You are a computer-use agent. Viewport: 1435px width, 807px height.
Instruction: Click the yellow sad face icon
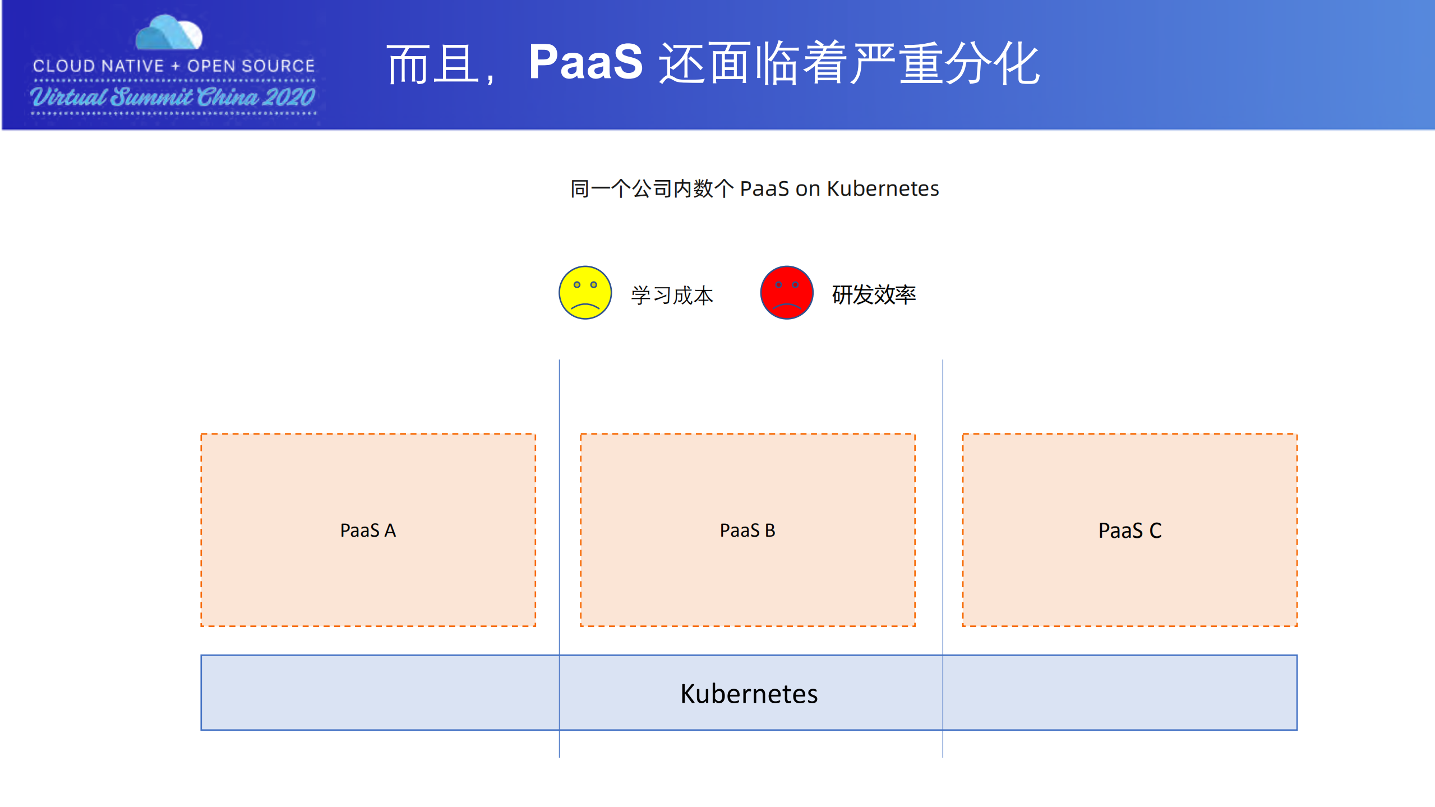coord(585,293)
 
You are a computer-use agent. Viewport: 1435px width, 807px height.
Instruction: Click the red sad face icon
coord(786,293)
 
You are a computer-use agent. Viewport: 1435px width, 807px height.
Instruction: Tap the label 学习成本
coord(672,296)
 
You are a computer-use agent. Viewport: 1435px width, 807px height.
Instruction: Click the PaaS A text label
coord(368,531)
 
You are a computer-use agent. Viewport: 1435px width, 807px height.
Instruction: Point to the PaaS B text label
coord(748,531)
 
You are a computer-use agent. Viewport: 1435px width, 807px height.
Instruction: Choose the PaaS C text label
coord(1129,531)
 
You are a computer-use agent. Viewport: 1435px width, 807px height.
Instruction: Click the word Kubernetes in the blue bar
coord(749,694)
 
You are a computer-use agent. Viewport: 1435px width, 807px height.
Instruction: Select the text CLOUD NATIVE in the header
coord(98,66)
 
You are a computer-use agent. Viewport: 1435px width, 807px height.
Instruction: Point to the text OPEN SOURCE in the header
coord(251,66)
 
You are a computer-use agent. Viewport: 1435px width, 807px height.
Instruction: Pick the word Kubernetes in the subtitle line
coord(883,189)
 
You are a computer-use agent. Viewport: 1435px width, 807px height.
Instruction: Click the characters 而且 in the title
coord(433,65)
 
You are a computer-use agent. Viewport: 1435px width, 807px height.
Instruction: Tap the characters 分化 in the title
coord(993,64)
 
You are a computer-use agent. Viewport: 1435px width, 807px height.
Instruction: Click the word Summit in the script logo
coord(151,98)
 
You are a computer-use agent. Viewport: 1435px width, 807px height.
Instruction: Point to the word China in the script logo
coord(227,98)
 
